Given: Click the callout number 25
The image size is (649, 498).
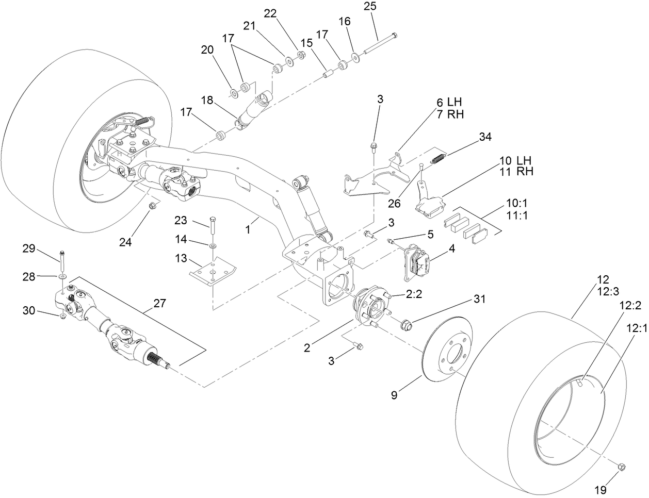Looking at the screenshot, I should tap(384, 6).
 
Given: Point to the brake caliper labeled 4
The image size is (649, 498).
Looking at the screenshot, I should tap(418, 260).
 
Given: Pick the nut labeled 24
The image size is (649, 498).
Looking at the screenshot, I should tap(152, 206).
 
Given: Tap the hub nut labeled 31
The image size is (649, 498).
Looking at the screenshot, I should tap(407, 325).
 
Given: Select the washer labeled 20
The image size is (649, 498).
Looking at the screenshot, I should tap(234, 93).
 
